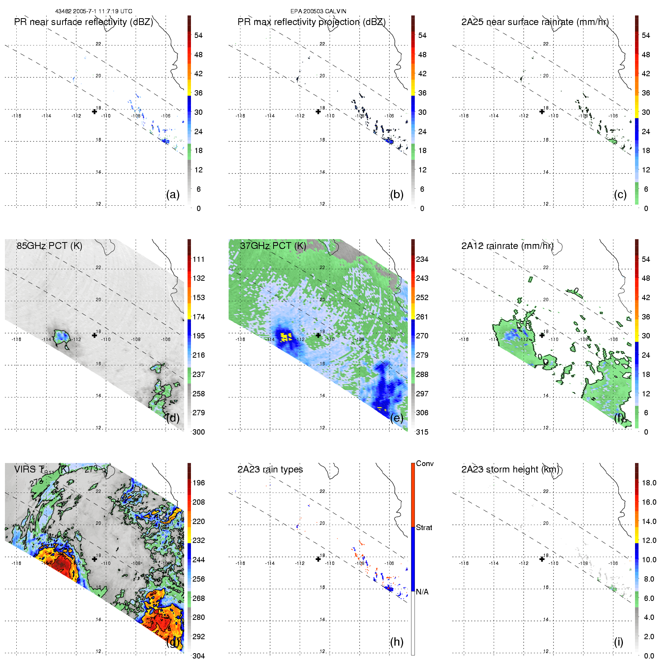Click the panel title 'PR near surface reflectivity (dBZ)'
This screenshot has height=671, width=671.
click(83, 22)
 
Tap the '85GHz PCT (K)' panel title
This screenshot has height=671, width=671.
click(49, 246)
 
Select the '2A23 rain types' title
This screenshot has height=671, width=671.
click(270, 469)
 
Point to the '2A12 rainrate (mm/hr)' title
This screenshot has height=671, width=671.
click(507, 246)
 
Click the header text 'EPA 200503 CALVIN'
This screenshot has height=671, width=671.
click(318, 11)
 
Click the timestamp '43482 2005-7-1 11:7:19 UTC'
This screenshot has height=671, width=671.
click(94, 11)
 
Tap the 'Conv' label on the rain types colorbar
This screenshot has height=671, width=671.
click(424, 464)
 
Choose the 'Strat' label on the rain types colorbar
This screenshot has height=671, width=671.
click(424, 528)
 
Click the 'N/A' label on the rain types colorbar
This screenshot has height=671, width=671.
click(422, 592)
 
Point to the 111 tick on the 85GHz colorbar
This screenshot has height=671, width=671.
click(199, 260)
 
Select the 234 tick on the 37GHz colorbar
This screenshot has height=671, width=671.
click(422, 260)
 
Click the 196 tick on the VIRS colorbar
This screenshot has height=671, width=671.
click(199, 483)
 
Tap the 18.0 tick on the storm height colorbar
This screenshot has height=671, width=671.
click(649, 483)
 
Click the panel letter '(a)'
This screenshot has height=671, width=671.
click(173, 195)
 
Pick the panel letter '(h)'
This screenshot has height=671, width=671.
click(396, 642)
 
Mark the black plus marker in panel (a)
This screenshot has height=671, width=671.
click(94, 111)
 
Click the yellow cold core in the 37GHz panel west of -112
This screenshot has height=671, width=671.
click(286, 337)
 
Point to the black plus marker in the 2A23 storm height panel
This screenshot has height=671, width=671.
click(542, 559)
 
